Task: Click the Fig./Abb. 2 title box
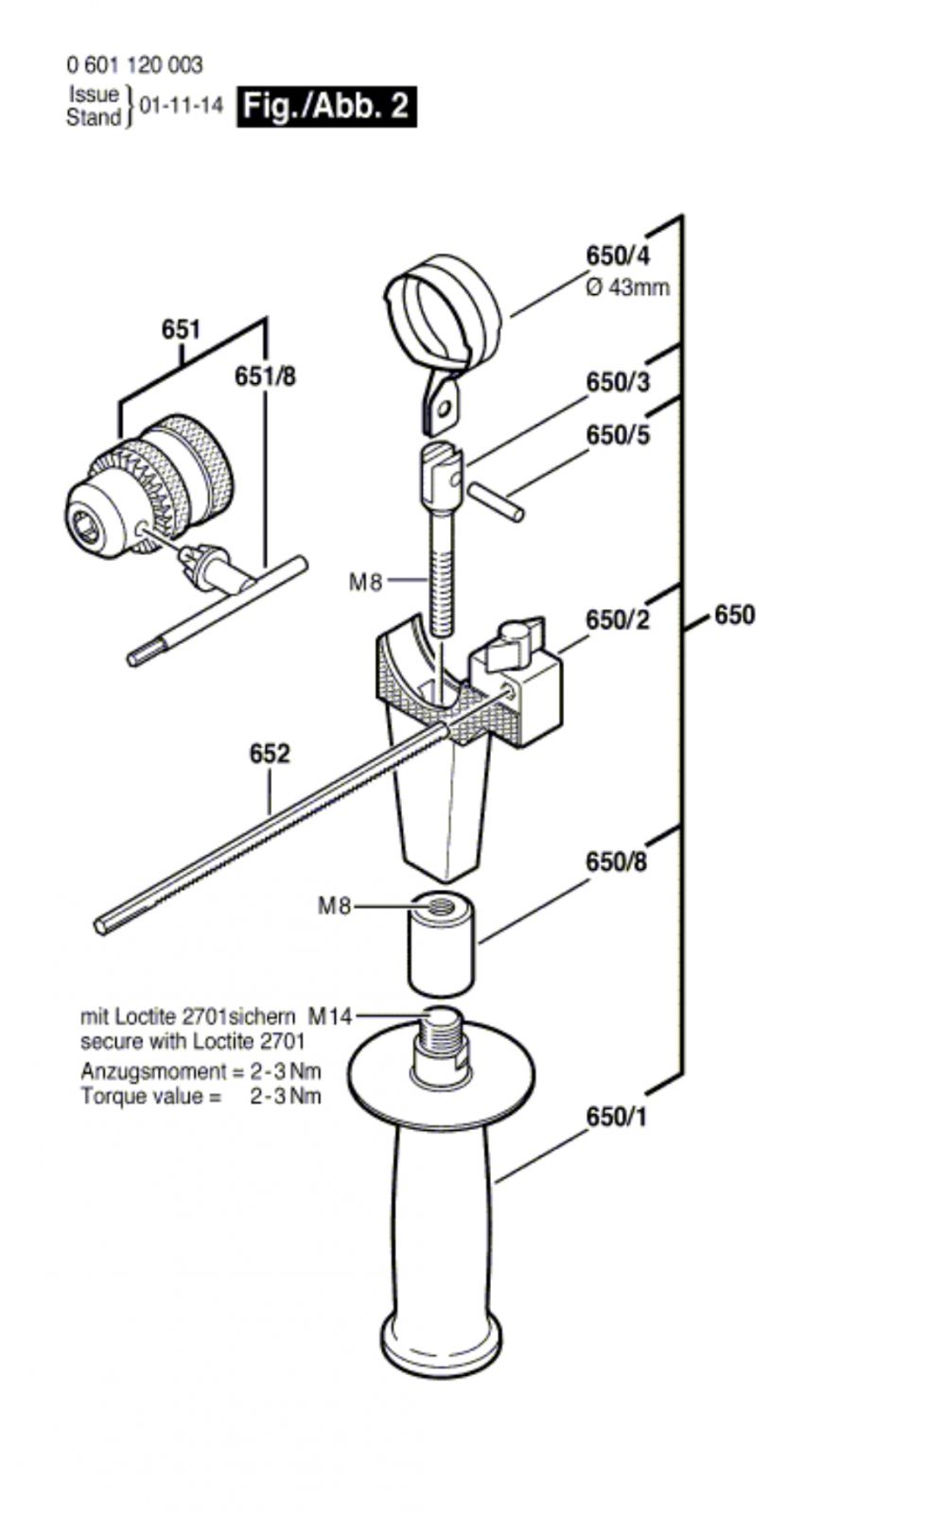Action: pos(326,106)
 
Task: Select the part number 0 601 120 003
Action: pos(134,65)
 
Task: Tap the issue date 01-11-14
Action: pos(181,105)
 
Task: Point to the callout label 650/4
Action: pos(618,256)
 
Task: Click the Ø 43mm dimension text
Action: pos(628,287)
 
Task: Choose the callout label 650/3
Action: pos(618,382)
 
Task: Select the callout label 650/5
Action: pos(618,435)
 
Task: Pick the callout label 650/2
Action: pos(618,619)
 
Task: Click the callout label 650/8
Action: pos(616,861)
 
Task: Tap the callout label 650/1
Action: pos(616,1117)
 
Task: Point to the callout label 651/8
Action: pos(265,376)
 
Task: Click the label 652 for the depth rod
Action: pos(270,753)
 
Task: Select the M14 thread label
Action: pos(330,1016)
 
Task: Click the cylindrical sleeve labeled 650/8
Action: pos(441,942)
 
